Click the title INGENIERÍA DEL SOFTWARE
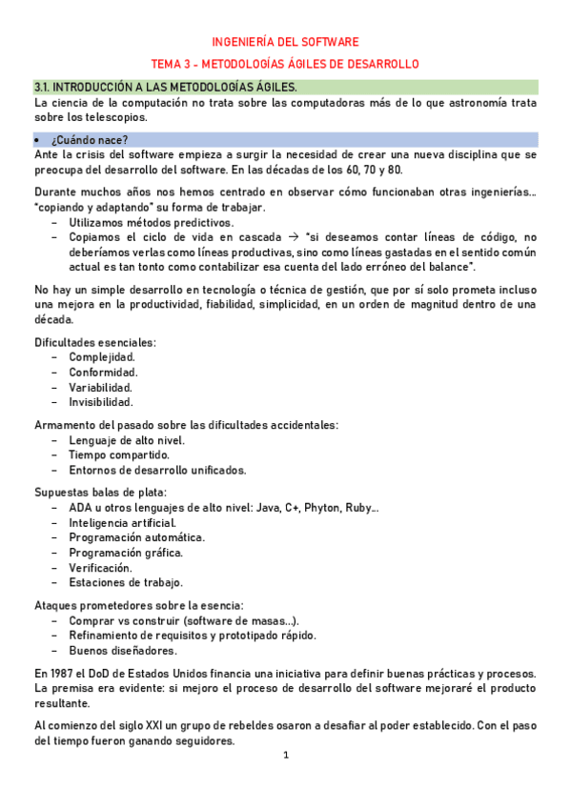[x=285, y=42]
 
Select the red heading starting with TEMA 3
[x=285, y=63]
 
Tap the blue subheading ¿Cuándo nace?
[x=97, y=139]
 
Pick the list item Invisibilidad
[x=101, y=402]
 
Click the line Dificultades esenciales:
[x=95, y=341]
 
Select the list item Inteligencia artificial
[x=122, y=523]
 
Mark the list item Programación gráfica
[x=125, y=553]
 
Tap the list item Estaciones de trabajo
[x=126, y=582]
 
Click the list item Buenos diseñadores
[x=122, y=651]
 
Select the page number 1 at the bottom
[x=285, y=756]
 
